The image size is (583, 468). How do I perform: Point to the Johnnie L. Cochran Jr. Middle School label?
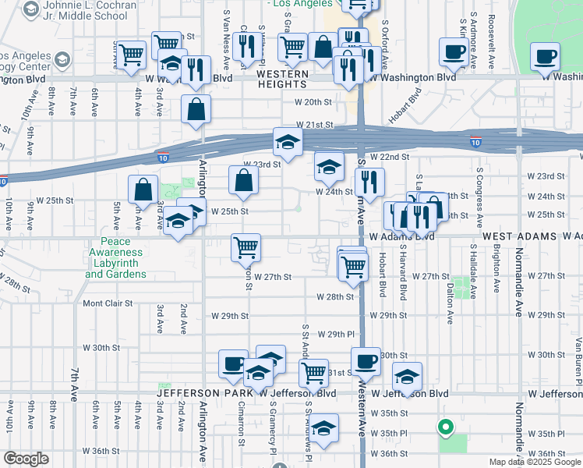(x=85, y=10)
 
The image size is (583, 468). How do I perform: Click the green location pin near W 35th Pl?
(x=445, y=427)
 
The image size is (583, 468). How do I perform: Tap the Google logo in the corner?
(x=26, y=459)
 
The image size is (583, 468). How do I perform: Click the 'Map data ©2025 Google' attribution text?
(x=534, y=462)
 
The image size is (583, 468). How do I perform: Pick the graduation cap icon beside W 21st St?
(x=288, y=142)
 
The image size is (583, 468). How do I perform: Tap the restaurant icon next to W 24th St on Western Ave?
(x=369, y=180)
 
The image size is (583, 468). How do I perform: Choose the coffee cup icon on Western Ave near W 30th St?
(x=366, y=360)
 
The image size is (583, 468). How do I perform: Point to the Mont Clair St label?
(x=109, y=303)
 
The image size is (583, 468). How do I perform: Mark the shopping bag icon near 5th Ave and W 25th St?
(x=143, y=189)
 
